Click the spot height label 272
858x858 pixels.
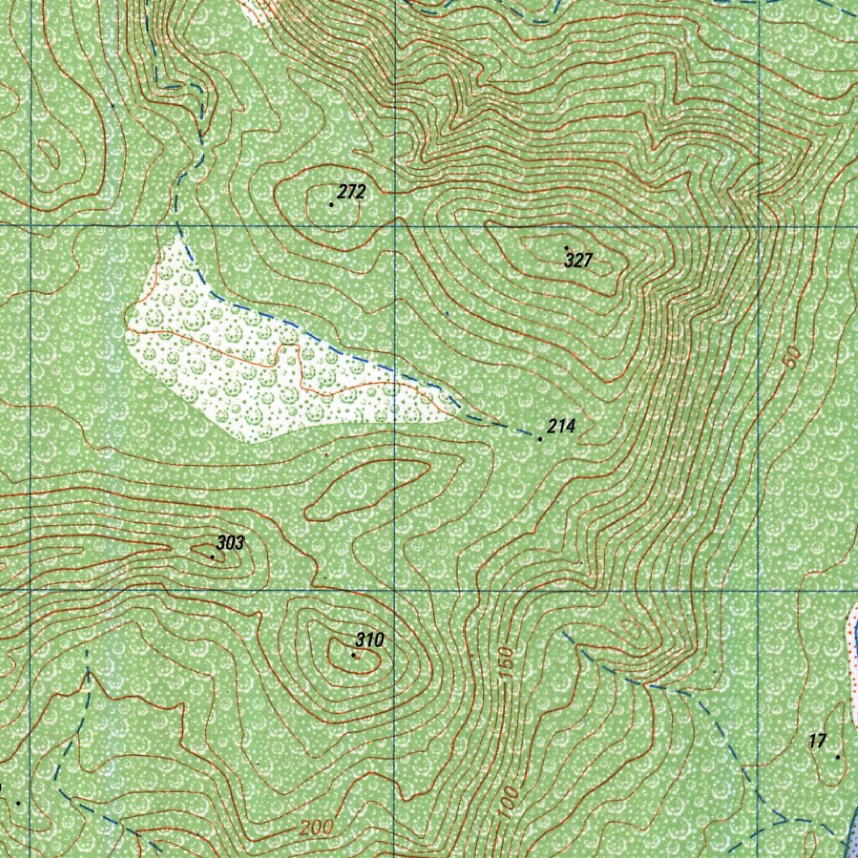click(353, 192)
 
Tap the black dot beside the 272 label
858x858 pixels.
click(332, 204)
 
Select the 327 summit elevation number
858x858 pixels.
click(578, 261)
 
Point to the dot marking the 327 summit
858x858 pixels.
click(566, 247)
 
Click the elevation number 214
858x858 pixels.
click(561, 427)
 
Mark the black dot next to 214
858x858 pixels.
click(540, 438)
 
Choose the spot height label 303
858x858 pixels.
click(230, 543)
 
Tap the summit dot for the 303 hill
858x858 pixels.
click(212, 556)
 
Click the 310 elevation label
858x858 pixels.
click(369, 641)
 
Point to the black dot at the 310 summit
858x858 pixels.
click(354, 655)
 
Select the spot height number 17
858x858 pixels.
click(818, 741)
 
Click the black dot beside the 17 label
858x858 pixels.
click(837, 757)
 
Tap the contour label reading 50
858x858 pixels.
click(792, 355)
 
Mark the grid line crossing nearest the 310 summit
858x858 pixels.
click(395, 591)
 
